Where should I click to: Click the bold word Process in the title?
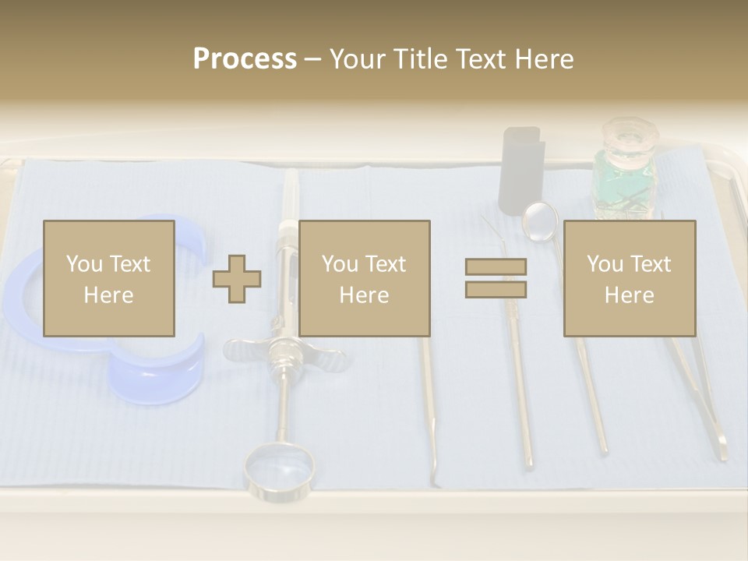pyautogui.click(x=245, y=59)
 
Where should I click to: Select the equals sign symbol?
pyautogui.click(x=496, y=278)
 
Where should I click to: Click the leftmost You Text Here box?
pyautogui.click(x=109, y=278)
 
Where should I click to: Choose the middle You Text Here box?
pyautogui.click(x=365, y=278)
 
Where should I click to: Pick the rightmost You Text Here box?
pyautogui.click(x=630, y=278)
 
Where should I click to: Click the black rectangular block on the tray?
pyautogui.click(x=520, y=168)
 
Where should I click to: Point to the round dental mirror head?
pyautogui.click(x=540, y=220)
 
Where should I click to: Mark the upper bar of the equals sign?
pyautogui.click(x=496, y=266)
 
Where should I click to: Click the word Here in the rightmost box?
pyautogui.click(x=630, y=295)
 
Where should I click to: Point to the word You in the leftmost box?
pyautogui.click(x=84, y=263)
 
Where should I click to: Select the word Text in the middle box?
pyautogui.click(x=386, y=264)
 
